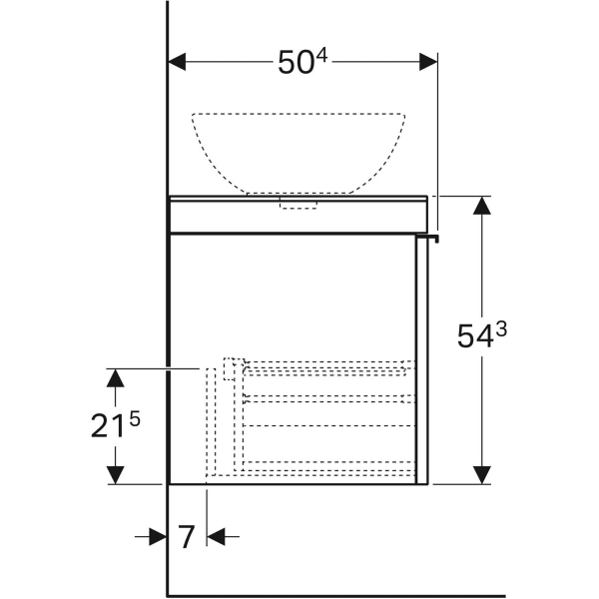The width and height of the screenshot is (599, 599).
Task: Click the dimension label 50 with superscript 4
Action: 302,62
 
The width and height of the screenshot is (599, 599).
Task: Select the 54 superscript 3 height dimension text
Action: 482,334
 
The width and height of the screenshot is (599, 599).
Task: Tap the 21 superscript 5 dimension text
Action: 116,424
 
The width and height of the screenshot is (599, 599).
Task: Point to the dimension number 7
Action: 187,537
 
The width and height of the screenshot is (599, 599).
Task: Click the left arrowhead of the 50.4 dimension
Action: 177,62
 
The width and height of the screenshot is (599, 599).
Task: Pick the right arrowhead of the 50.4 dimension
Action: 428,62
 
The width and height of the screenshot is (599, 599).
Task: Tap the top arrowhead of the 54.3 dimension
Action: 482,206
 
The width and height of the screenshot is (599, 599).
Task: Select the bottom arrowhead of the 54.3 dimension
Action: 482,475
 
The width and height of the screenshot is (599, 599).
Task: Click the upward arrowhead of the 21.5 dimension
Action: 116,378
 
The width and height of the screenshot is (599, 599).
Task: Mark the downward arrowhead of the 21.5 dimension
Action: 116,475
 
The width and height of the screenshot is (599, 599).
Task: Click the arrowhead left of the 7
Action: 158,537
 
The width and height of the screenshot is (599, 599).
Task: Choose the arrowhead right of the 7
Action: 217,537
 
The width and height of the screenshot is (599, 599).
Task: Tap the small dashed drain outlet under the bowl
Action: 299,203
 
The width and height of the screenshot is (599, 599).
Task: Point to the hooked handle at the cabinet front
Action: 428,238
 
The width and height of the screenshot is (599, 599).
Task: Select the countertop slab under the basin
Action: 299,214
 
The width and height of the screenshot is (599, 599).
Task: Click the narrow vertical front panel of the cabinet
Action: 422,360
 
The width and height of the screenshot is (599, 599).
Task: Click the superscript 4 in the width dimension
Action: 322,56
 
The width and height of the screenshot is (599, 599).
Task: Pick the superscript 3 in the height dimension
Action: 501,328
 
